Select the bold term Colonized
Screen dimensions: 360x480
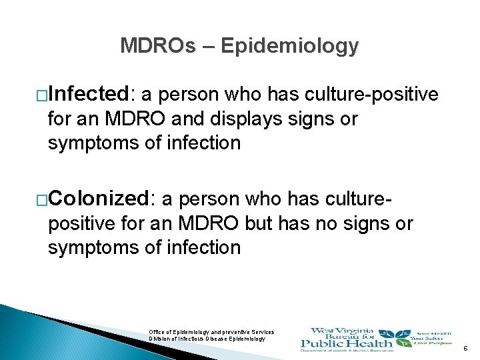(x=102, y=198)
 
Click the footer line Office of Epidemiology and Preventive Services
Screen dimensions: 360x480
(x=211, y=331)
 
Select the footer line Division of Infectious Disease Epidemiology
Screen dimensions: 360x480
(x=207, y=339)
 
